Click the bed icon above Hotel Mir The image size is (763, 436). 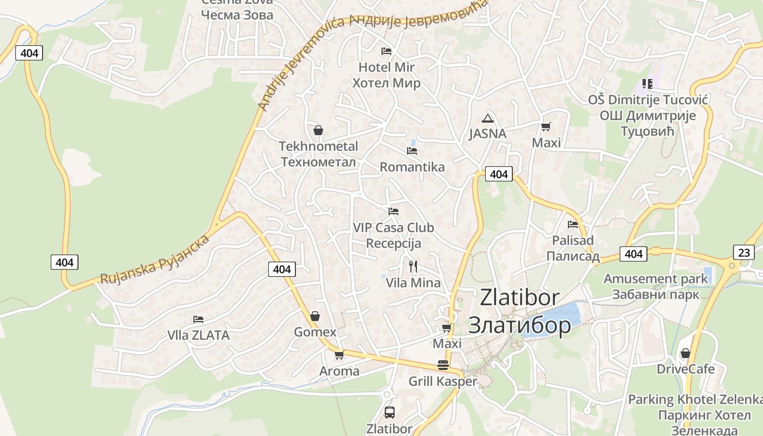(386, 51)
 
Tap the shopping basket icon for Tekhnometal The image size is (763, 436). (318, 130)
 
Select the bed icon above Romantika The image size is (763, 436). (412, 151)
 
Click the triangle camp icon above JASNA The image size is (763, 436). (487, 118)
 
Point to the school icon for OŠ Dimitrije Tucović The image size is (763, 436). (647, 84)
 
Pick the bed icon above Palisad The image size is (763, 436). (573, 224)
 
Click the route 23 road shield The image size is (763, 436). (744, 252)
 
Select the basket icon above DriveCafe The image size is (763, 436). (686, 353)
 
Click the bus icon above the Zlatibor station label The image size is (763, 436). (389, 412)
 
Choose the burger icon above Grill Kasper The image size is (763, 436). (443, 365)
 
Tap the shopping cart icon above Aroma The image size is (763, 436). (339, 355)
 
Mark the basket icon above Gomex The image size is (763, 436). (315, 316)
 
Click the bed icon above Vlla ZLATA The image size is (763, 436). (198, 319)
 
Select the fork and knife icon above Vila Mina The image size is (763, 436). (413, 267)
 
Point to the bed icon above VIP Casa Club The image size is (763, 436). (393, 211)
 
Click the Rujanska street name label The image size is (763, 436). (155, 259)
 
